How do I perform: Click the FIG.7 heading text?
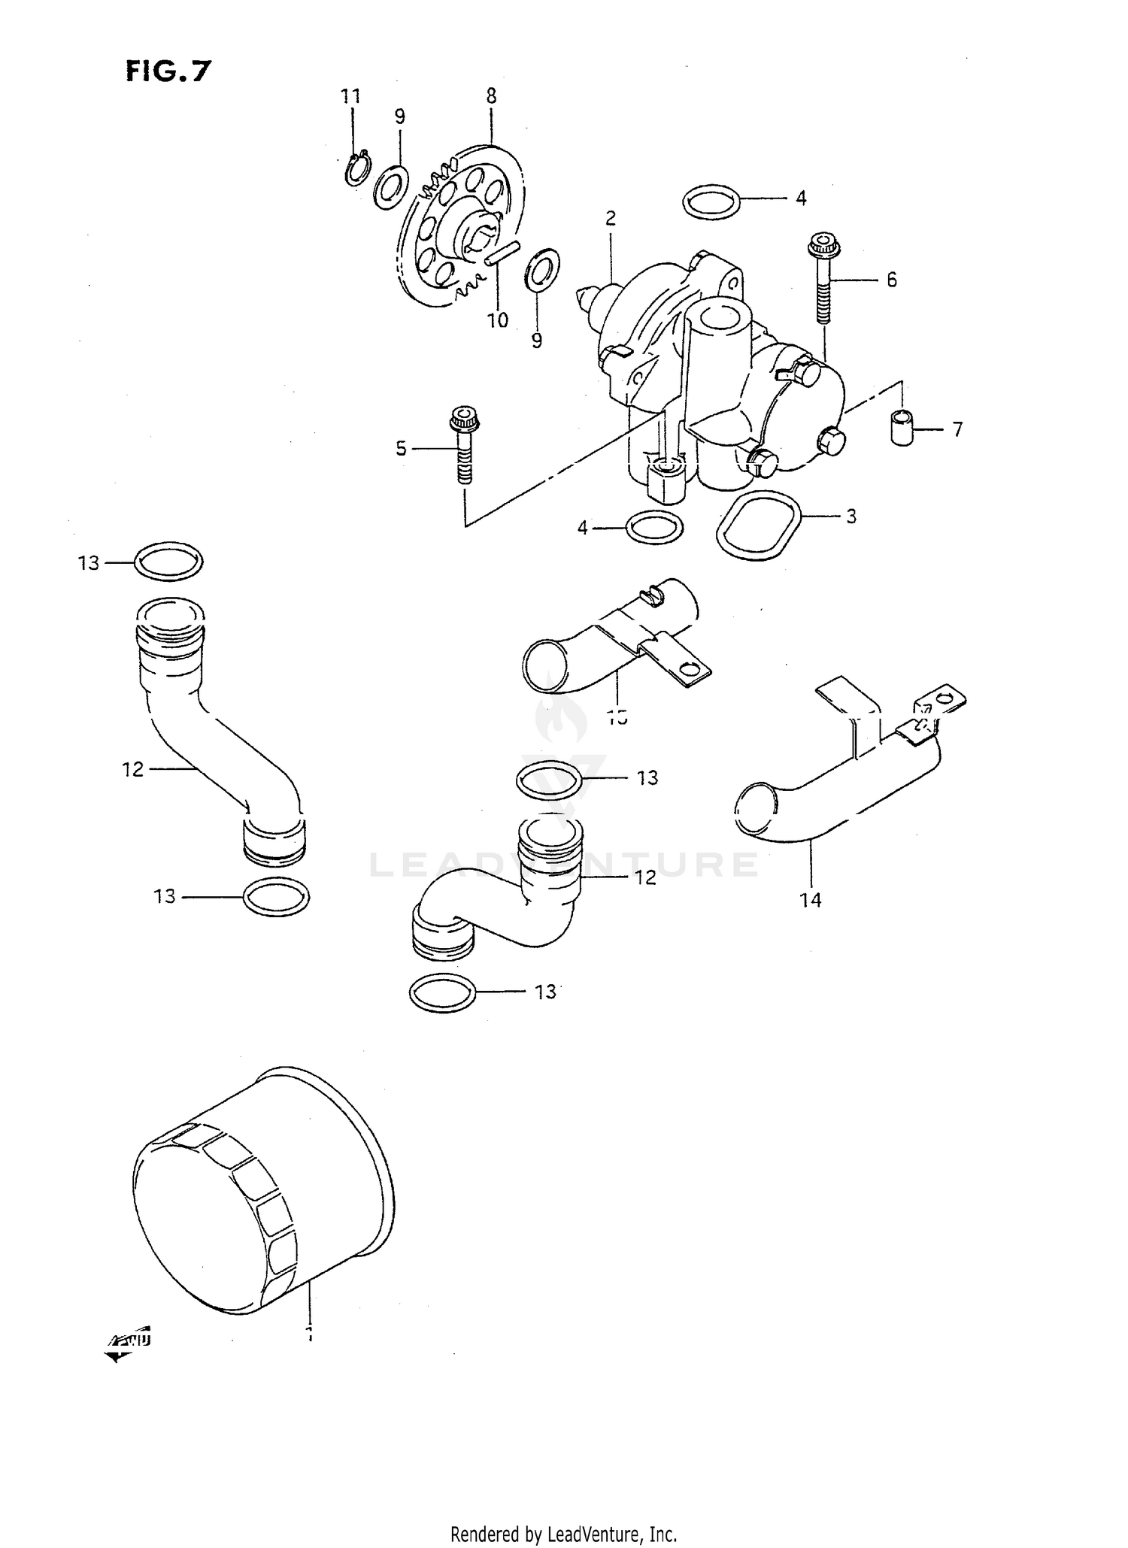tap(168, 71)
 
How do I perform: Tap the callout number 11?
tap(350, 96)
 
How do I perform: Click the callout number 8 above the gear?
tap(491, 96)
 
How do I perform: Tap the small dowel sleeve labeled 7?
tap(902, 429)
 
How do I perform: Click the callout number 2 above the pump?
tap(611, 219)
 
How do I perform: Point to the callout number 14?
tap(811, 899)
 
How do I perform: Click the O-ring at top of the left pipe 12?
tap(168, 562)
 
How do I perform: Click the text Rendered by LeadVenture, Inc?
tap(564, 1534)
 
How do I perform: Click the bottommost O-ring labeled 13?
tap(443, 994)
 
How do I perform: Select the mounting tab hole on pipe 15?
tap(687, 668)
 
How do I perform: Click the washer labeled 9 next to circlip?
tap(391, 186)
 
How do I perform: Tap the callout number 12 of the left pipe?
tap(132, 769)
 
